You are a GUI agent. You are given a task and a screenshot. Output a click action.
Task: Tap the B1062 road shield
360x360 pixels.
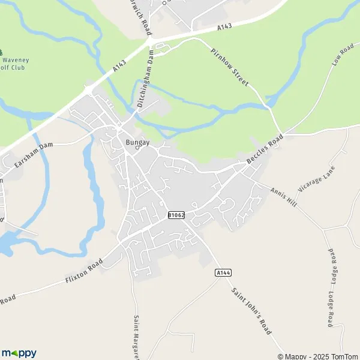176,215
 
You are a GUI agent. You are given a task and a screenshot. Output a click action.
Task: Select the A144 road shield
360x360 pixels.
223,272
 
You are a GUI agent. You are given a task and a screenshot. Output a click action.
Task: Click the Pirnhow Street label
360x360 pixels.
229,67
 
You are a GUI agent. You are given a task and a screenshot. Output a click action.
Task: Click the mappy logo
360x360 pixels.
19,353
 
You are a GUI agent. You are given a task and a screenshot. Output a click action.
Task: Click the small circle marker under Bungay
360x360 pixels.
137,149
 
